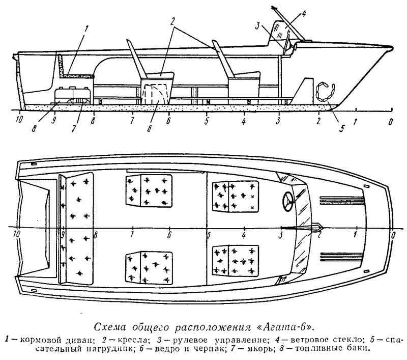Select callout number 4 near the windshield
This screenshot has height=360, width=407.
tap(303, 13)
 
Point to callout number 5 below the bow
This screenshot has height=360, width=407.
tap(342, 128)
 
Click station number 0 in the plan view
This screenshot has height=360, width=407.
tap(393, 235)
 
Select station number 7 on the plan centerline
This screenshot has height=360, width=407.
tap(132, 235)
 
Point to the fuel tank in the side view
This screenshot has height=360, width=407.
tap(73, 94)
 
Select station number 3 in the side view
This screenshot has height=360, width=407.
tap(278, 121)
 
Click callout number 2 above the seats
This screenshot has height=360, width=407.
tap(172, 22)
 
